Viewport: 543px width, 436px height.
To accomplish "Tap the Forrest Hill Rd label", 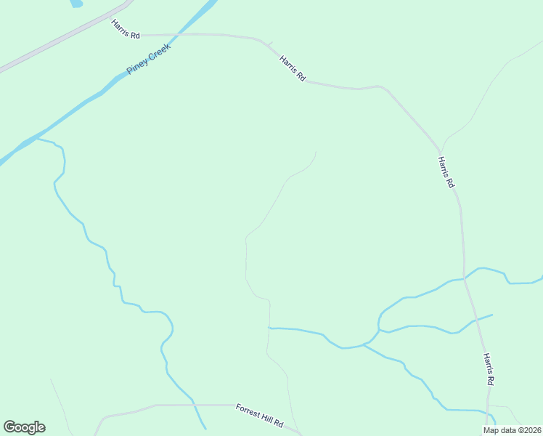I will coord(258,416).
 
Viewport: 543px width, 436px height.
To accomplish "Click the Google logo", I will coord(24,427).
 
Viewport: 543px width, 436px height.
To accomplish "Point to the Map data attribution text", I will coord(512,430).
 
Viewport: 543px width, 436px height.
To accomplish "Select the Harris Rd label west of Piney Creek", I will coord(126,29).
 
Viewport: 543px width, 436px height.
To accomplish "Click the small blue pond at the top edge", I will coord(75,3).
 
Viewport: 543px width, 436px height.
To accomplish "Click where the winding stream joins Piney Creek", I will coord(38,138).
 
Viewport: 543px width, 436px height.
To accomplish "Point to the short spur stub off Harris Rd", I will coord(269,45).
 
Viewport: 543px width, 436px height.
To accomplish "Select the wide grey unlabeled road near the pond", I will coord(65,36).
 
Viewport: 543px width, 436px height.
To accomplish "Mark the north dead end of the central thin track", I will coord(316,151).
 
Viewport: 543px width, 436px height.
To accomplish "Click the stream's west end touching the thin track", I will coord(269,328).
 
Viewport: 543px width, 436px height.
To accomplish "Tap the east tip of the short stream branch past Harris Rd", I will coord(492,315).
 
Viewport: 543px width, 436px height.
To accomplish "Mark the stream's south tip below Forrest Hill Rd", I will coord(205,429).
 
